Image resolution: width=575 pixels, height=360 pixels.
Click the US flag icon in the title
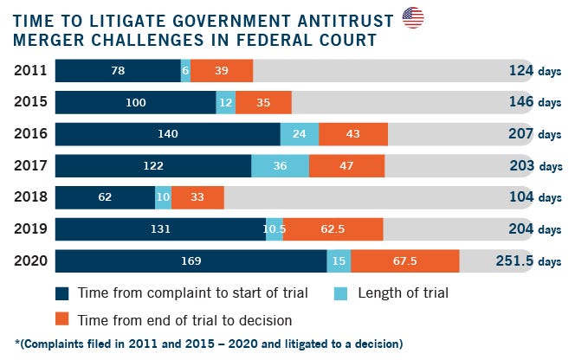[413, 16]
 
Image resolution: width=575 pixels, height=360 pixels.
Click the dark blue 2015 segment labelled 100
[135, 103]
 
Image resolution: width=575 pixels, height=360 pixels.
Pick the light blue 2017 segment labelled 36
[280, 166]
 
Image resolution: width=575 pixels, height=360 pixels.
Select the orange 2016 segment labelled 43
[353, 134]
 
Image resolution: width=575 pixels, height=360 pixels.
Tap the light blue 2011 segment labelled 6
[185, 71]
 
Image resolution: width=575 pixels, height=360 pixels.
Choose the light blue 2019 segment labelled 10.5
[275, 229]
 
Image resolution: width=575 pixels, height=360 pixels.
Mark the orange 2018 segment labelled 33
[197, 197]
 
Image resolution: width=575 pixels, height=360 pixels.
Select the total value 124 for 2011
[521, 71]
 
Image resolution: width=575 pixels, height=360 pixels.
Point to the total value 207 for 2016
[521, 134]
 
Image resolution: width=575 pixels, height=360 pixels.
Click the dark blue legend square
[61, 292]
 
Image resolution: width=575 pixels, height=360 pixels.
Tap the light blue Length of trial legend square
[340, 292]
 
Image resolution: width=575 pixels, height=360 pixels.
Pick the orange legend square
[61, 318]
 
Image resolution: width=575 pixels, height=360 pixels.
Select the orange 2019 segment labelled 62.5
[333, 229]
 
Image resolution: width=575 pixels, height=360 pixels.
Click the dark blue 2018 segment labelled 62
[105, 197]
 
